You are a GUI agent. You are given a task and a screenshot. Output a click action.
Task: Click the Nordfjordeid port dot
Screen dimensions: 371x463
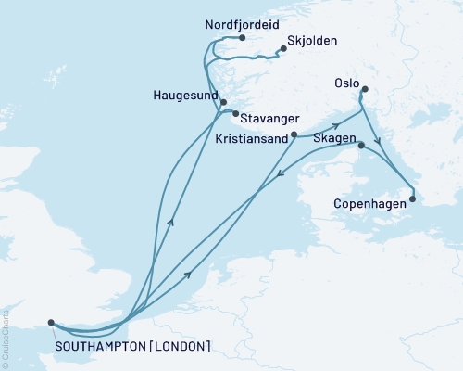tap(242, 38)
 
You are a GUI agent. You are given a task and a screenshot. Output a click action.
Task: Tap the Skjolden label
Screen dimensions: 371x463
tap(313, 41)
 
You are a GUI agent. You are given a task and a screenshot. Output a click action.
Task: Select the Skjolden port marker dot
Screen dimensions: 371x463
tap(282, 50)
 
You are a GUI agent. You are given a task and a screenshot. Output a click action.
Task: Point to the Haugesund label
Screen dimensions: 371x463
tap(189, 96)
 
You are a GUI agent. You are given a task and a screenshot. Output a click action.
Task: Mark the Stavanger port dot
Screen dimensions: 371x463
tap(232, 114)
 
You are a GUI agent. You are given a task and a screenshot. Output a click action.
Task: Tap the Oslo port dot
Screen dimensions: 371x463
tap(364, 90)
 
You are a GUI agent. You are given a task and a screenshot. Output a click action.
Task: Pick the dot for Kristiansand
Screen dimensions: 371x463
tap(294, 134)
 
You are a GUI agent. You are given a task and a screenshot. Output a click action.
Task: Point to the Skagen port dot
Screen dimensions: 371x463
tap(360, 145)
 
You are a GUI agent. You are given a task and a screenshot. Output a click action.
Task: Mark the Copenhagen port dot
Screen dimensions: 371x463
tap(413, 198)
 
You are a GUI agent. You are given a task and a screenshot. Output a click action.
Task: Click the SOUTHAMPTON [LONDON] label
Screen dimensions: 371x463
tap(132, 347)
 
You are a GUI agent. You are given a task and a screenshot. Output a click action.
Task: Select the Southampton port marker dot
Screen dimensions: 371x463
tap(51, 323)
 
